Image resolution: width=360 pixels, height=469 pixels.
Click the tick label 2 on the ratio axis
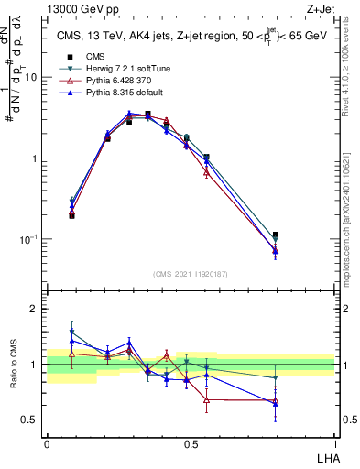(x=37, y=309)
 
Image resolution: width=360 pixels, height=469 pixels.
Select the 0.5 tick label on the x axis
(x=191, y=443)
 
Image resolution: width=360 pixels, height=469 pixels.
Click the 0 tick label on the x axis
(x=47, y=443)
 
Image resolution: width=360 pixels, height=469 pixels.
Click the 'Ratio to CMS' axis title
(x=14, y=364)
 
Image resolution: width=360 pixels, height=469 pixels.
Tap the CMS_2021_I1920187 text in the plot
(x=191, y=274)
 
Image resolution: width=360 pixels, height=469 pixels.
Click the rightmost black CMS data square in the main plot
(x=276, y=235)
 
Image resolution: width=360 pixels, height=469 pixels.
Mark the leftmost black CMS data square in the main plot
(x=71, y=215)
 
